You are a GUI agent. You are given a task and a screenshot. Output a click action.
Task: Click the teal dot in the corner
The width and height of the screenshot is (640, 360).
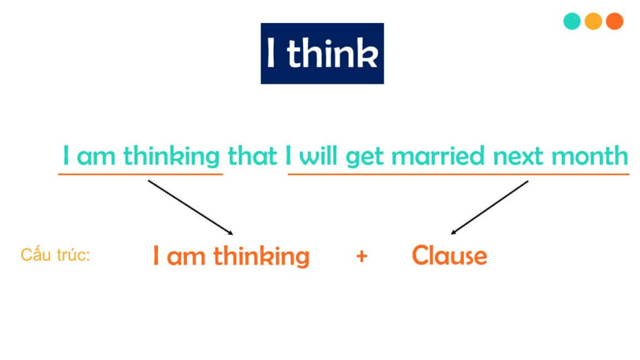point(572,21)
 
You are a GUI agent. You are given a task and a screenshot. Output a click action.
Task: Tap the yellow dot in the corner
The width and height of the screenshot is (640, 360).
point(593,21)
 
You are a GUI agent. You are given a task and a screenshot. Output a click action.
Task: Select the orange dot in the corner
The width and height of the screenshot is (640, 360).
point(614,21)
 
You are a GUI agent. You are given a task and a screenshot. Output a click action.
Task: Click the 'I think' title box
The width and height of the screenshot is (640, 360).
point(322,54)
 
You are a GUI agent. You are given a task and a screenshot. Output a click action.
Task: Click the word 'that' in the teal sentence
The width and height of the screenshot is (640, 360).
point(252,156)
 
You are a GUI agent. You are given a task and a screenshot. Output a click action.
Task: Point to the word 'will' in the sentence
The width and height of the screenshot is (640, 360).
point(319,156)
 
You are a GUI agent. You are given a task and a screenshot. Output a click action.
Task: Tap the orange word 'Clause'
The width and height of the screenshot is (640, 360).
point(449,255)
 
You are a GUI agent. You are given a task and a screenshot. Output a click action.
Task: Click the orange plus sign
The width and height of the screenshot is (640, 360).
point(361,256)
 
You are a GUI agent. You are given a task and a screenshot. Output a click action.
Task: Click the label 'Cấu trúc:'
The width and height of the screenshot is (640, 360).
point(56,255)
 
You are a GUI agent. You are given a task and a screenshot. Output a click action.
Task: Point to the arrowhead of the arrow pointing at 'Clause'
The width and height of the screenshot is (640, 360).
point(453,232)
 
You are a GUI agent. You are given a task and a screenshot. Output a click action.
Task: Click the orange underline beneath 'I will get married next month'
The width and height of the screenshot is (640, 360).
point(458,174)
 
